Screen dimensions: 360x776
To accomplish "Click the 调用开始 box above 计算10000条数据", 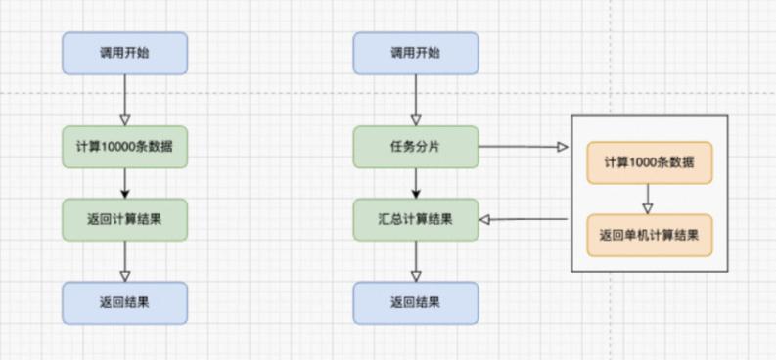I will coord(124,53).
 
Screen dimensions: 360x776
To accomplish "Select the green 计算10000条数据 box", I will coord(124,147).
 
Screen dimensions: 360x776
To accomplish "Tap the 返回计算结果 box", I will coord(124,219).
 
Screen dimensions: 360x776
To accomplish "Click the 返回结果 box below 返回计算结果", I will coord(124,302).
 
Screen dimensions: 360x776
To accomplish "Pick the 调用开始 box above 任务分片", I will coord(416,53).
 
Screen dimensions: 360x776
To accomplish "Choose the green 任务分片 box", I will coord(416,147).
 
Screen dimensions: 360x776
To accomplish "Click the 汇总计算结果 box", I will coord(416,219).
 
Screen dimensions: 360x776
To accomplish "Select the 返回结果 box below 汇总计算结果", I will coord(416,302).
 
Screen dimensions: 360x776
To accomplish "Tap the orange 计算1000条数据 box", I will coord(649,162).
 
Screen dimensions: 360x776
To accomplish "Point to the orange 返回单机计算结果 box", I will coord(649,235).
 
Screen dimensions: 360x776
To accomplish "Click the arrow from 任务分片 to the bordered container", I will coord(524,147).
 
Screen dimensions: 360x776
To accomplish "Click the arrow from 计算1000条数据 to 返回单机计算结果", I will coord(648,198).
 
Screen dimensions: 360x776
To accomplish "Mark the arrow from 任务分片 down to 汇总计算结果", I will coord(416,183).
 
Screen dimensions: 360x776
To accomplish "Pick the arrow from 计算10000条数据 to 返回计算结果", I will coord(124,183).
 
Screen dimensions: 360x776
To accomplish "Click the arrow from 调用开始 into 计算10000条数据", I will coord(124,99).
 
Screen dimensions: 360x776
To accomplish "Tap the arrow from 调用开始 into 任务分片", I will coord(416,99).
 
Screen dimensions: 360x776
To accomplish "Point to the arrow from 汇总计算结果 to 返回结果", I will coord(416,260).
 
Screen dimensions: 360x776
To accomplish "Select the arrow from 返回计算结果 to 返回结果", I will coord(124,260).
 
